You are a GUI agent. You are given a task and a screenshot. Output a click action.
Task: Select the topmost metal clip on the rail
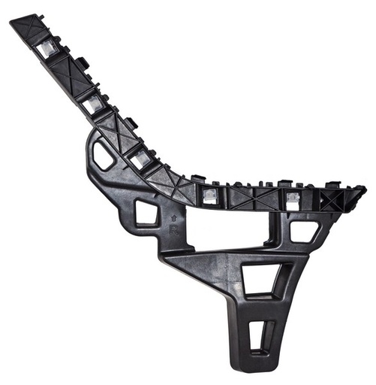(x=46, y=51)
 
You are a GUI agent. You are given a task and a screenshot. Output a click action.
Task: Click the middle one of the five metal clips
(x=140, y=159)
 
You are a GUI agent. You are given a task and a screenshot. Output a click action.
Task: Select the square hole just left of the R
(x=147, y=213)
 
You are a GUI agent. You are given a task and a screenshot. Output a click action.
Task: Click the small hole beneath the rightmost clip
(x=304, y=230)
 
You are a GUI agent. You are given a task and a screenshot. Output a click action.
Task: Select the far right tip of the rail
(x=361, y=192)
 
